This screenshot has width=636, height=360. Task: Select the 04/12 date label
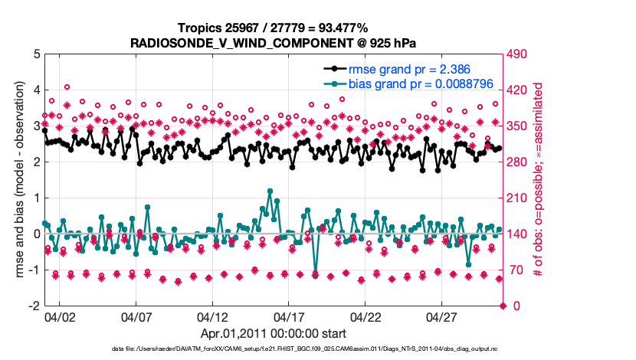(x=212, y=316)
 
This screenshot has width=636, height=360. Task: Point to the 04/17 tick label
(x=289, y=316)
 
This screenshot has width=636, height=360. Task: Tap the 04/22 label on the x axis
(x=366, y=316)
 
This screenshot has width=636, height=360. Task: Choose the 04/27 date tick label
(x=442, y=316)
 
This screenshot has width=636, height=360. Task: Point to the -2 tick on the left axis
(x=34, y=306)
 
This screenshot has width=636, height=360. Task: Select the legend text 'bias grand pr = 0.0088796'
(x=416, y=83)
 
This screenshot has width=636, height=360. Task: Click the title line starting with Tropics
(x=273, y=28)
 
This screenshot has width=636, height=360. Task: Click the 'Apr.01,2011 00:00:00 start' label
(x=273, y=333)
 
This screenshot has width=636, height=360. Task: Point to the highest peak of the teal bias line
(x=270, y=191)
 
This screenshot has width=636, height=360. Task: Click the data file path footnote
(x=273, y=349)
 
